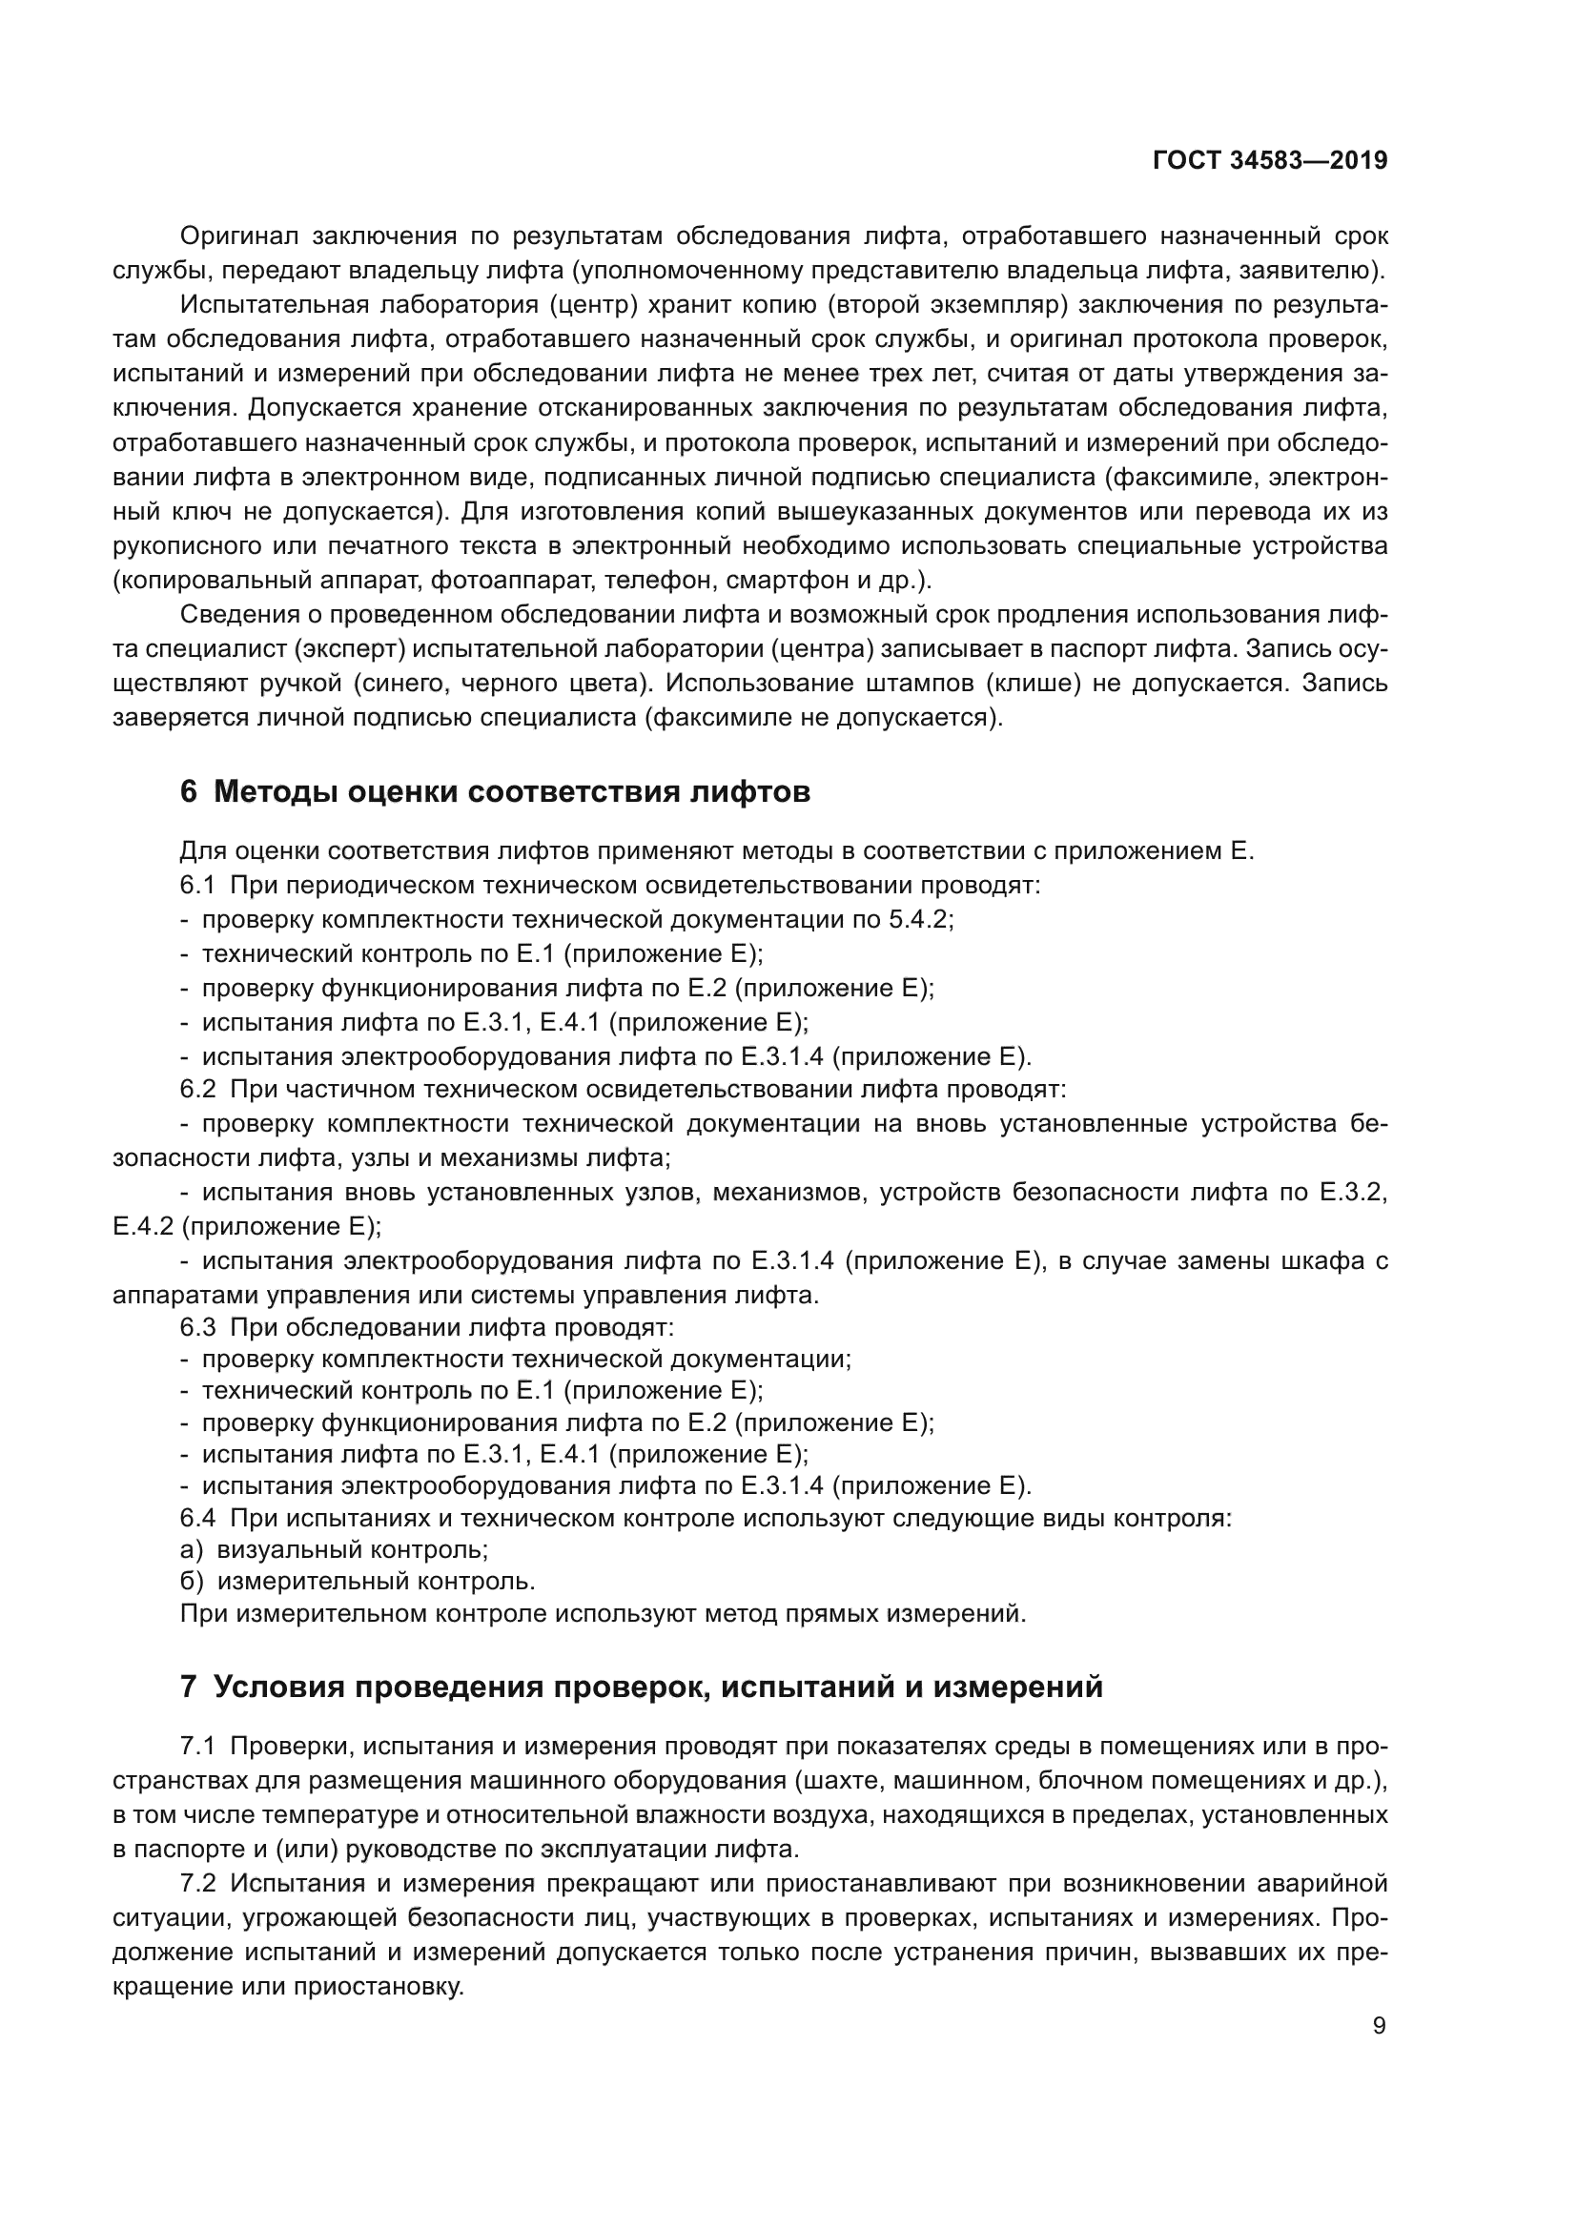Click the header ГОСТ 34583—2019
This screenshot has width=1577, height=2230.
click(x=1269, y=161)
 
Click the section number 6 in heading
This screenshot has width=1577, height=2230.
click(x=189, y=792)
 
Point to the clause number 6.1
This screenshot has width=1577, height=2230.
click(x=197, y=886)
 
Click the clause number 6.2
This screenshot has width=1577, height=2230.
click(x=197, y=1090)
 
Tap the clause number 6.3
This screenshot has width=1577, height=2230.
click(x=197, y=1327)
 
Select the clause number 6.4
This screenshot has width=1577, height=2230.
click(x=197, y=1518)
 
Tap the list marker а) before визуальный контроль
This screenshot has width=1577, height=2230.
click(x=192, y=1550)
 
